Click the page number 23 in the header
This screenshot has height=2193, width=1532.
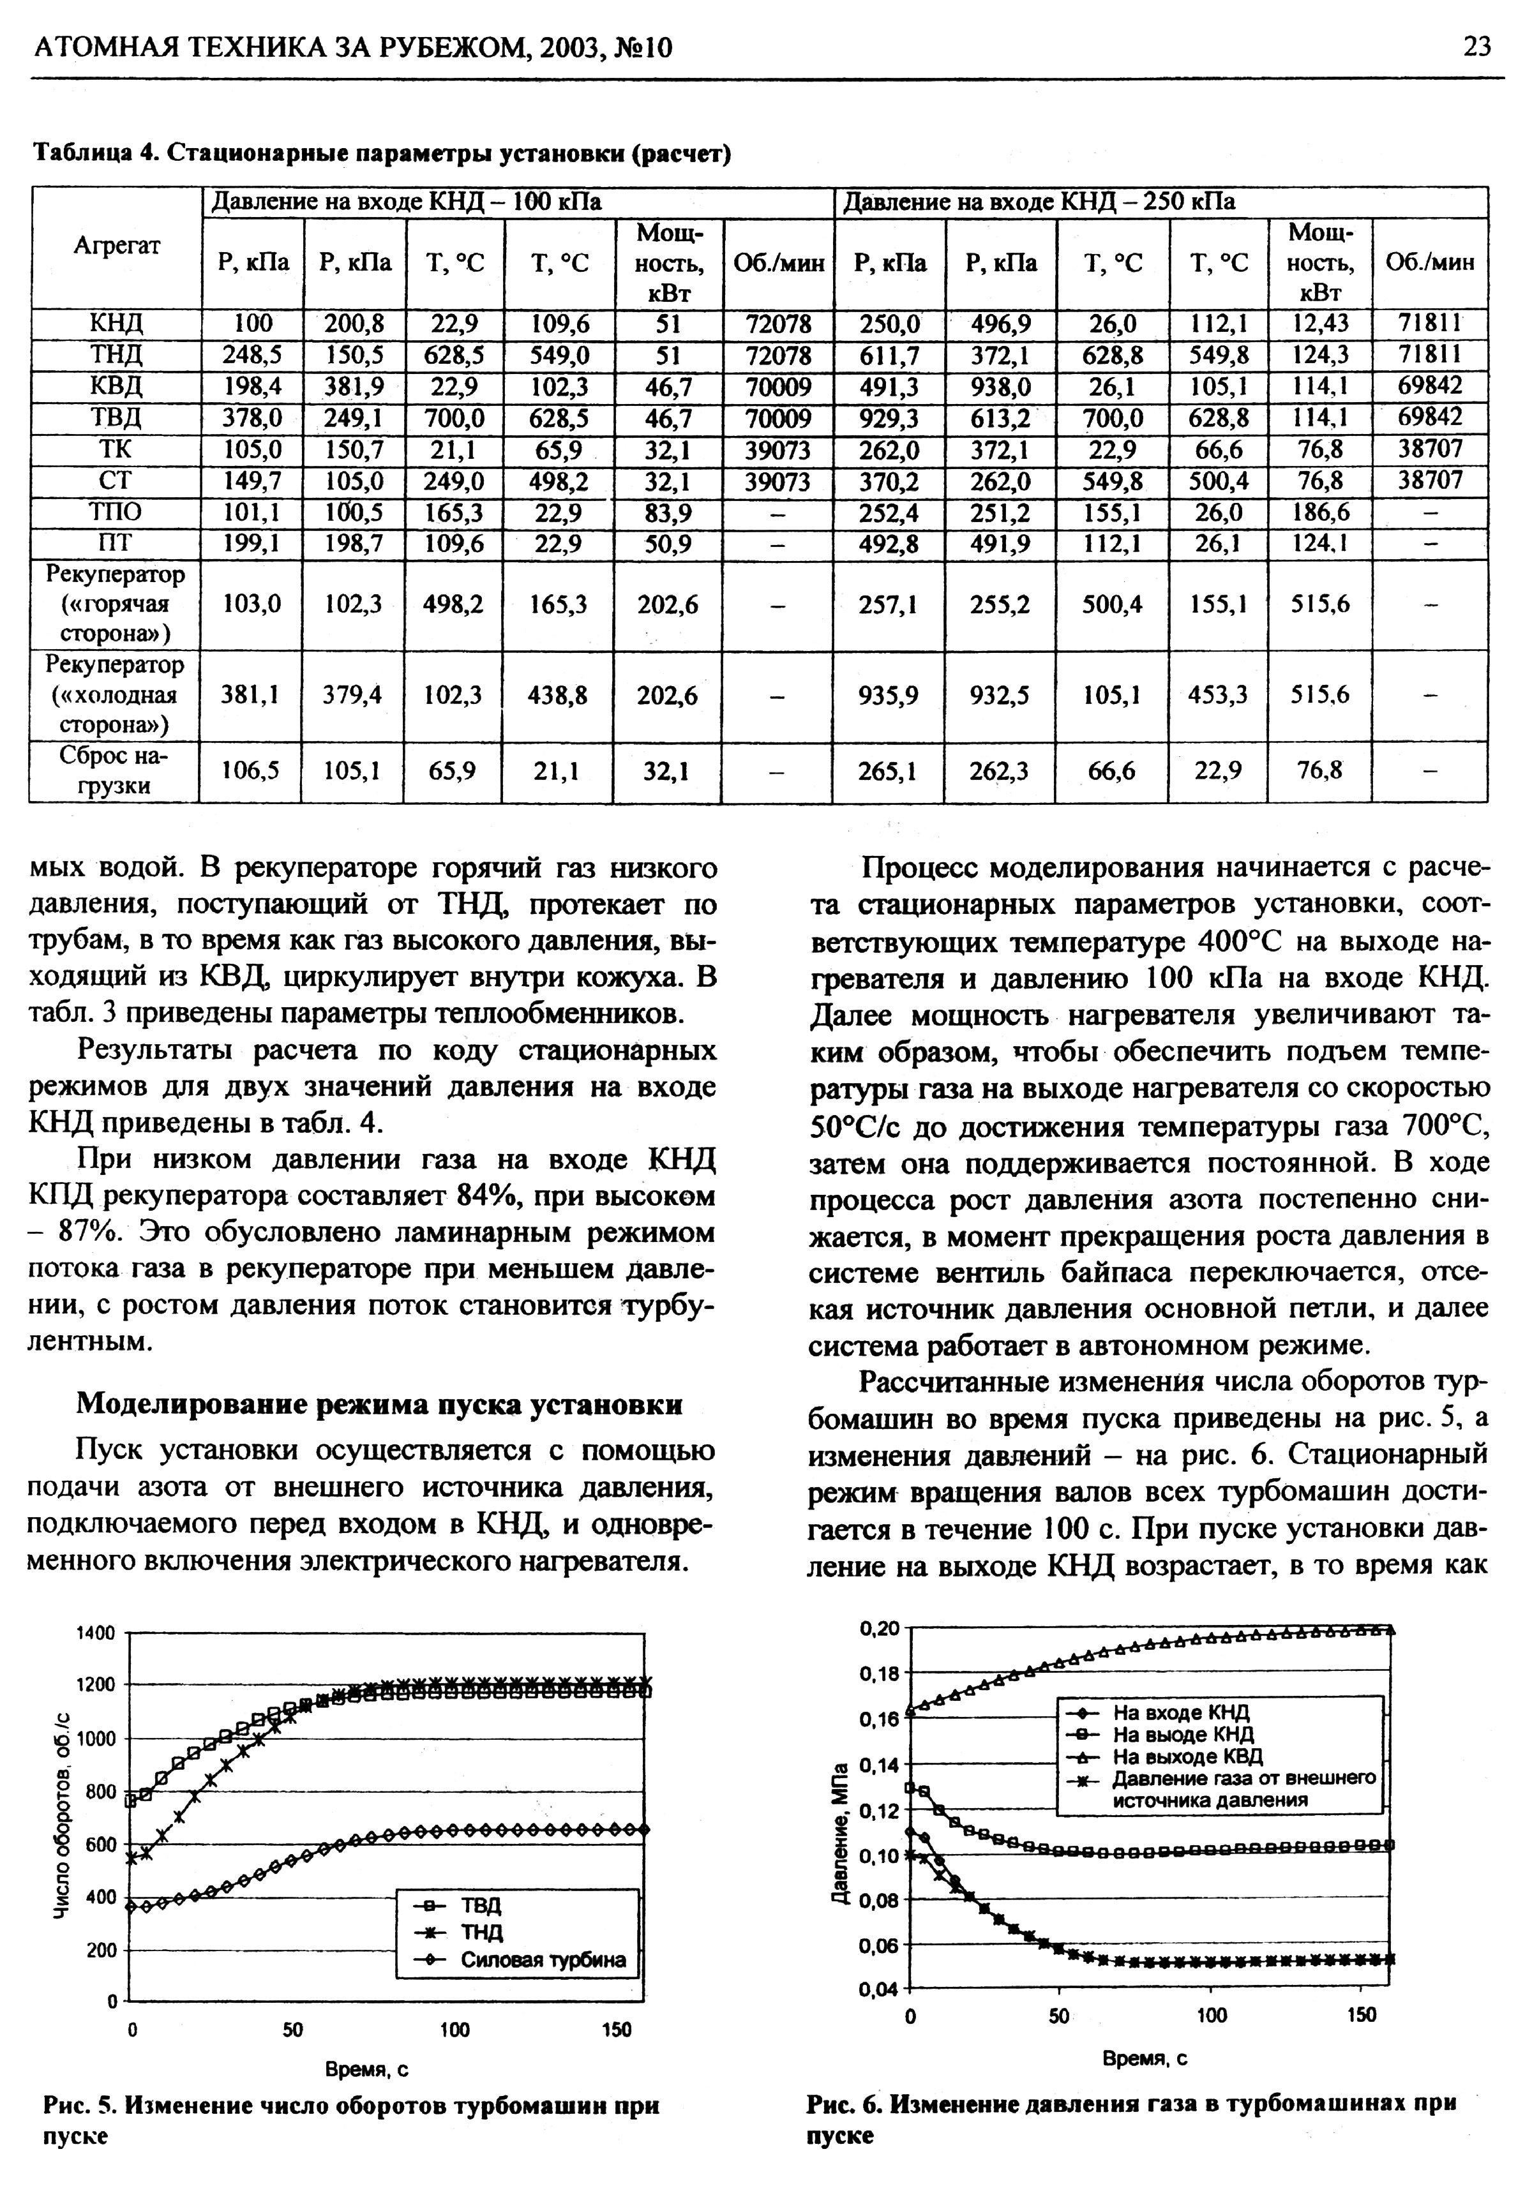pyautogui.click(x=1476, y=47)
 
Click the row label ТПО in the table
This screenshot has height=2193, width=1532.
pyautogui.click(x=116, y=514)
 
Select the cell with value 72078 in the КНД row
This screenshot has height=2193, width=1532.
pyautogui.click(x=778, y=324)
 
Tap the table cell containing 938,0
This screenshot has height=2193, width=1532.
pyautogui.click(x=1000, y=386)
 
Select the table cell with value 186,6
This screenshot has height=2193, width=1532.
pyautogui.click(x=1320, y=514)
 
